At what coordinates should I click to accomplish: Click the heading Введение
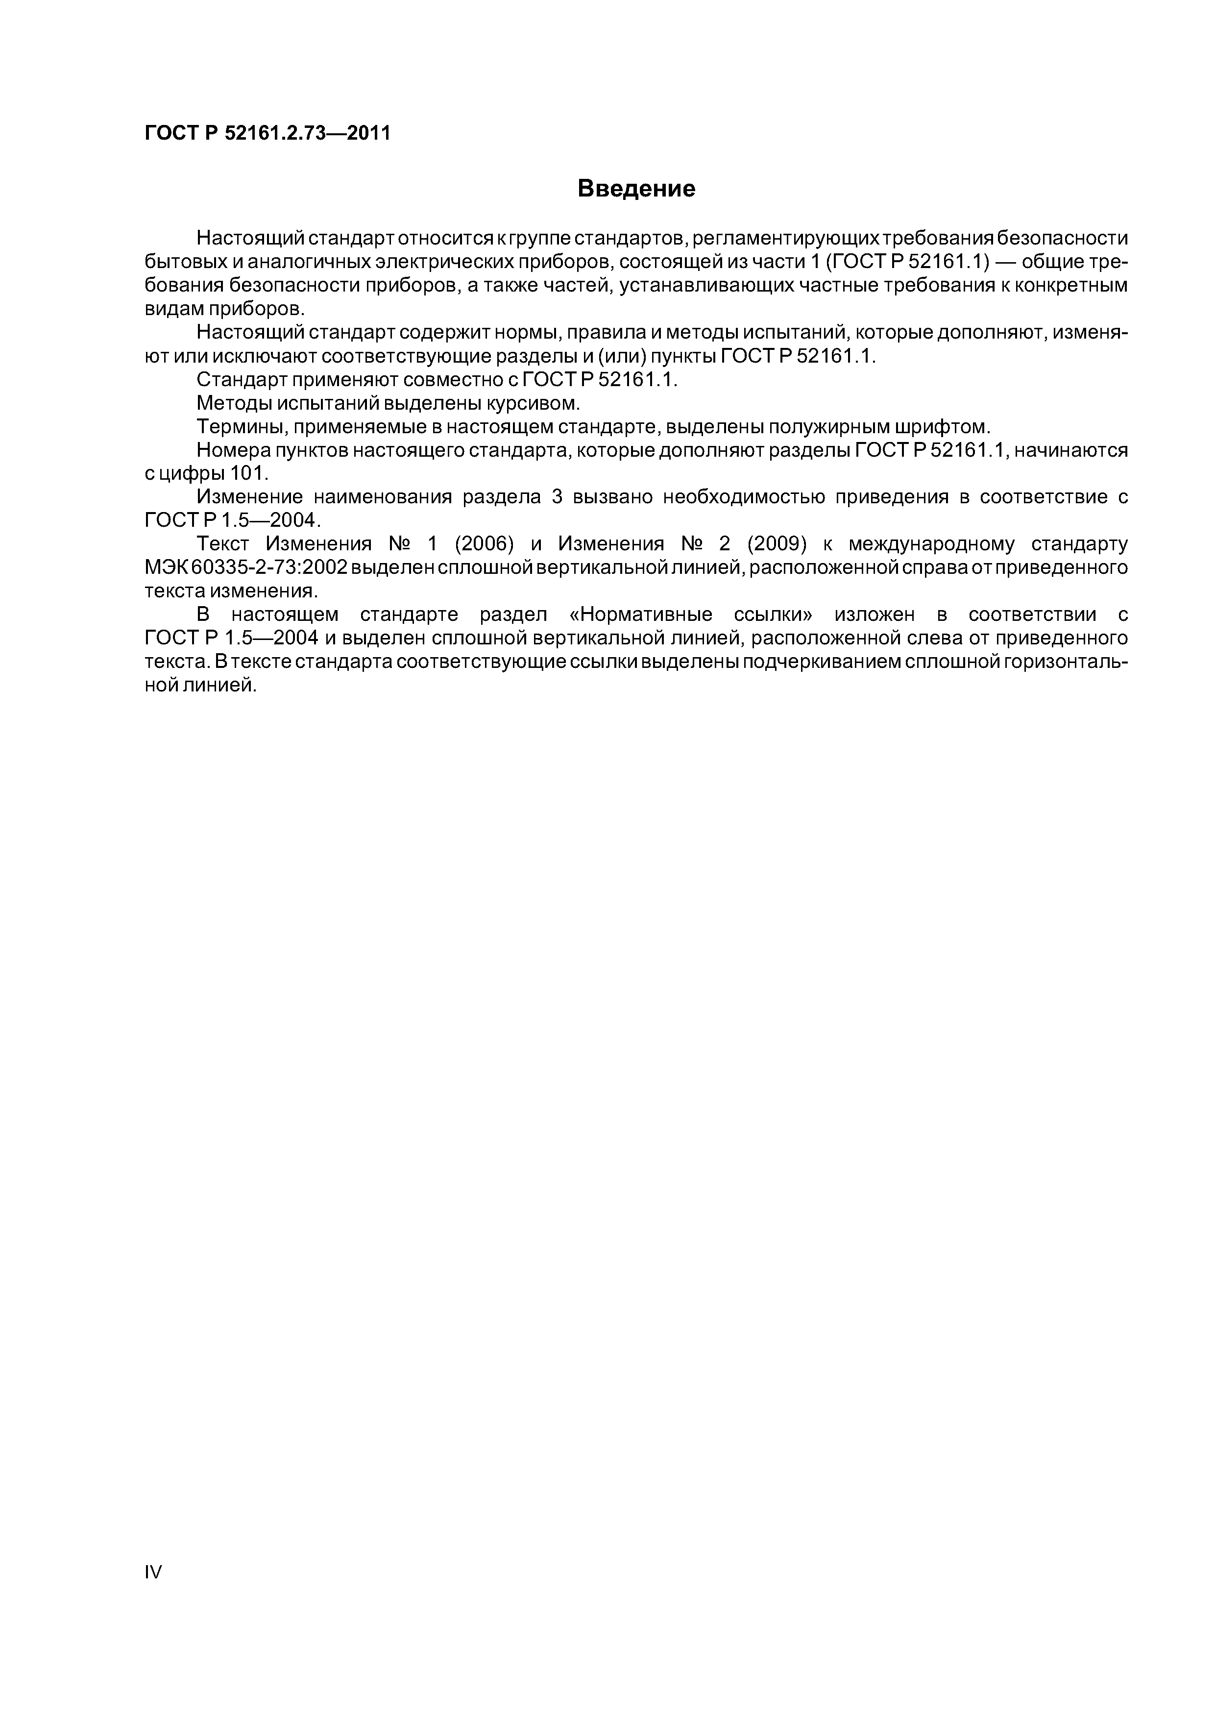click(x=636, y=189)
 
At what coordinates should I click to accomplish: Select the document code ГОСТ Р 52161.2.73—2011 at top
click(x=267, y=133)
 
